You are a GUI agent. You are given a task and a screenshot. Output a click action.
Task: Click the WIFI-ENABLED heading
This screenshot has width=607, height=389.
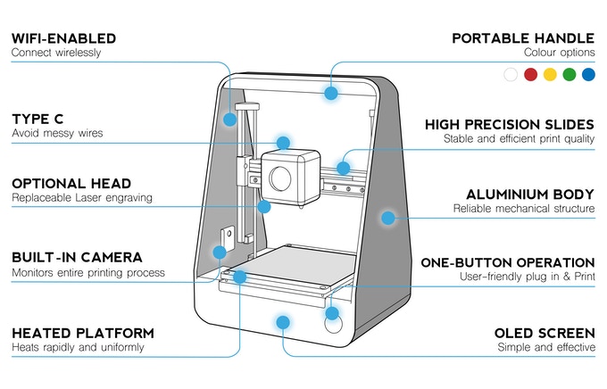(63, 38)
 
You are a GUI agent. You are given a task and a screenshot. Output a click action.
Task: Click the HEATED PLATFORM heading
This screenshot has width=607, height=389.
(82, 332)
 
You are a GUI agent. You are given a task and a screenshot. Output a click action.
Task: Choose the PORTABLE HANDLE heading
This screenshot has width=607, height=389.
(522, 38)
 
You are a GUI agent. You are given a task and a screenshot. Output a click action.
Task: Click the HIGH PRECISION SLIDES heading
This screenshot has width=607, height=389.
(509, 124)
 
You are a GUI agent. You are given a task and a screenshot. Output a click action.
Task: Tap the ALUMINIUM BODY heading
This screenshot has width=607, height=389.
(530, 194)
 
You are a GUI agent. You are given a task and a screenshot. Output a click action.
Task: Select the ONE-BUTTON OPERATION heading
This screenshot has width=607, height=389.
(508, 262)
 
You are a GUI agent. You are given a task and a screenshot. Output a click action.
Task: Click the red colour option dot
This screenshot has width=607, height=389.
(530, 75)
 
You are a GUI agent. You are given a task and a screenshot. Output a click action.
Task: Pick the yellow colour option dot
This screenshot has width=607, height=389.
(550, 75)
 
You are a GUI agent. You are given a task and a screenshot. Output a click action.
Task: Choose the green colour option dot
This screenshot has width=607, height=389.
(569, 75)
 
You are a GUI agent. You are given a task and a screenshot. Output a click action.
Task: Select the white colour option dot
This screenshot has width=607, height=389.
(511, 75)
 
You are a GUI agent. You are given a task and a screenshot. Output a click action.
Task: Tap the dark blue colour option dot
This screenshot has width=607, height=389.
(587, 75)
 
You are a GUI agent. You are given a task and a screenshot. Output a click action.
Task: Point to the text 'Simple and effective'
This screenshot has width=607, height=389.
(547, 346)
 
